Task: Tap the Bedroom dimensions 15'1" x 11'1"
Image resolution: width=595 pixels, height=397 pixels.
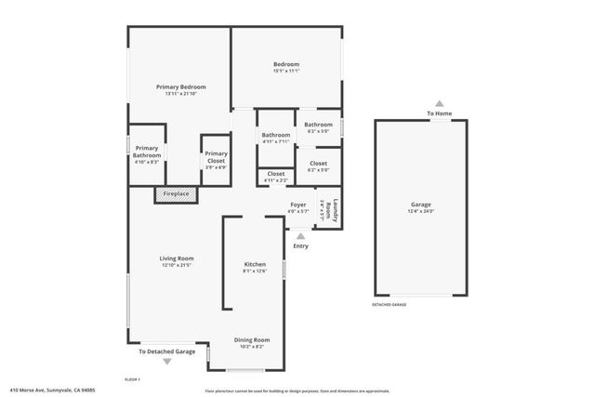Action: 286,71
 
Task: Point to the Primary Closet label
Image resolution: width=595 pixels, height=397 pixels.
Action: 216,154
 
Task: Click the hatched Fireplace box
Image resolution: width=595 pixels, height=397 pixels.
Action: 176,194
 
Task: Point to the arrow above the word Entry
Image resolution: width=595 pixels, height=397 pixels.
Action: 299,236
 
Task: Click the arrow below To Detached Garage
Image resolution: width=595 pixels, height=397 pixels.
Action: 167,362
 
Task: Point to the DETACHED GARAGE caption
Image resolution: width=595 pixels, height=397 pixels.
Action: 389,304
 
